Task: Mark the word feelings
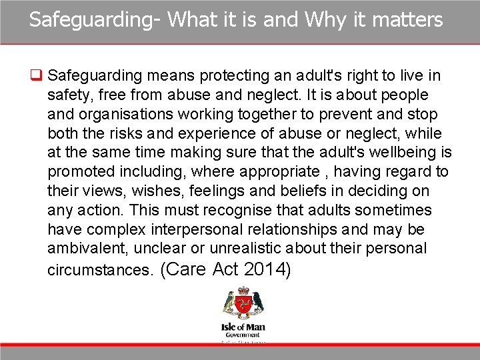211,191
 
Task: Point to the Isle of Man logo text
243,329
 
